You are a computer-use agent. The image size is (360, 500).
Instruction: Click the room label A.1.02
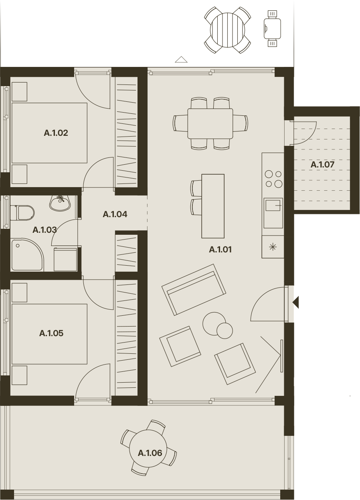coord(56,133)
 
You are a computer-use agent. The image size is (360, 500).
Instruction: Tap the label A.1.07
coord(322,165)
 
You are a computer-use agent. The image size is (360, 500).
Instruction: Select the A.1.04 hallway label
coord(115,214)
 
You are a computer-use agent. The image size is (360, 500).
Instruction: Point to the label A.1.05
coord(51,333)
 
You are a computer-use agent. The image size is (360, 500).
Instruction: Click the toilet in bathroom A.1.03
coord(22,213)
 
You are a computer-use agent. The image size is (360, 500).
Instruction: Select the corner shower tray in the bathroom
coord(27,255)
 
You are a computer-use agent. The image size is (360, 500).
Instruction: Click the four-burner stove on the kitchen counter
coord(273,179)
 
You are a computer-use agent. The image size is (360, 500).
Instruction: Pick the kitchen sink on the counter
coord(273,213)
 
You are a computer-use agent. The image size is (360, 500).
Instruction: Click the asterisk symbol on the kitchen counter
coord(273,247)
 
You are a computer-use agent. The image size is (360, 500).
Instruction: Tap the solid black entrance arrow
coord(296,302)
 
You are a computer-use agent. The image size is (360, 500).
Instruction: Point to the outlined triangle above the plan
coord(181,59)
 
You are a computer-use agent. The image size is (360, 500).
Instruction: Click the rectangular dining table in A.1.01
coord(210,124)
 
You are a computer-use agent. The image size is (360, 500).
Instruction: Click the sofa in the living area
coord(194,290)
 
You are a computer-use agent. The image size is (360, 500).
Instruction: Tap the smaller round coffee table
coord(224,331)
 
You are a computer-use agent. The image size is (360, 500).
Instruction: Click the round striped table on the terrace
coord(227,30)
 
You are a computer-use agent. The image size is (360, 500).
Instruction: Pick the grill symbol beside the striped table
coord(272,28)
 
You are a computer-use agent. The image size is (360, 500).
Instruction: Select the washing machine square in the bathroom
coord(65,259)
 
